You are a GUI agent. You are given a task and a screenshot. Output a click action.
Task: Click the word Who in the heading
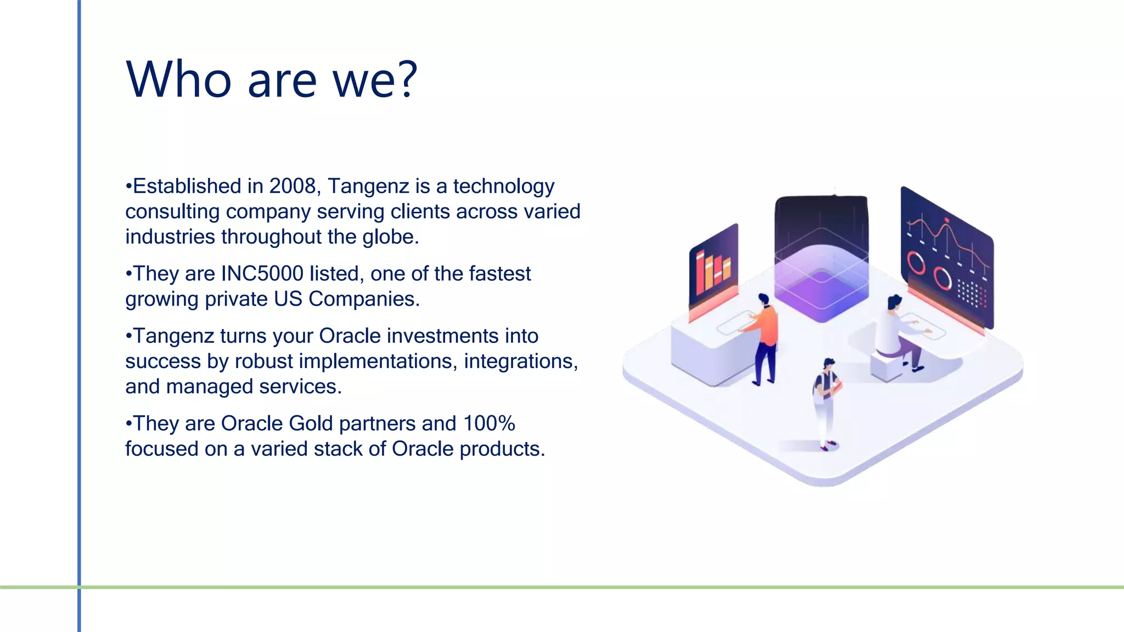pyautogui.click(x=179, y=80)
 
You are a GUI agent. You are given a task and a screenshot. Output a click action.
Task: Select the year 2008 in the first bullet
pyautogui.click(x=293, y=187)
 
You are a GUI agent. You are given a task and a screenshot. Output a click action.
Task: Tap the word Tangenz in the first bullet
pyautogui.click(x=368, y=187)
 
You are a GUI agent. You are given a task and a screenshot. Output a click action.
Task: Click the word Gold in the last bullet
pyautogui.click(x=311, y=424)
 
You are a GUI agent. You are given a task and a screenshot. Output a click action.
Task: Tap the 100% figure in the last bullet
pyautogui.click(x=488, y=424)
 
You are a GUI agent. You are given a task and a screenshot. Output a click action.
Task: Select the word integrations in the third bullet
pyautogui.click(x=518, y=362)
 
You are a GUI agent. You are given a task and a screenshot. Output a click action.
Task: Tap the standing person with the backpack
pyautogui.click(x=826, y=400)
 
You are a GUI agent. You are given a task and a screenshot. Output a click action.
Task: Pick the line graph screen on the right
pyautogui.click(x=947, y=255)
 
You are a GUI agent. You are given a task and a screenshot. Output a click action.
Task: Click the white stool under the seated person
pyautogui.click(x=887, y=366)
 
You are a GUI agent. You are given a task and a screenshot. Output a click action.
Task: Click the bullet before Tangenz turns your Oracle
pyautogui.click(x=128, y=336)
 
